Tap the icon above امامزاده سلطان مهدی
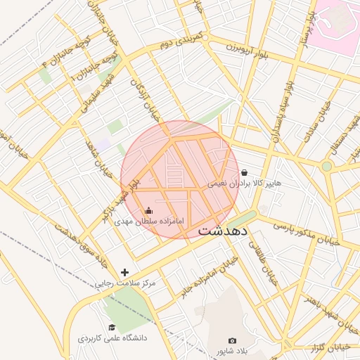coord(148,210)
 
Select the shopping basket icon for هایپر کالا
coord(244,172)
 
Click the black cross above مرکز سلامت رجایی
coord(125,272)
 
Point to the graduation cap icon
coord(112,326)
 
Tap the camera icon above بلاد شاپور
coord(233,340)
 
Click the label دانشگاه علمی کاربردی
coord(112,338)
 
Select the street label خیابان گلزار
coord(331,347)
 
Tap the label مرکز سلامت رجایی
coord(124,283)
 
